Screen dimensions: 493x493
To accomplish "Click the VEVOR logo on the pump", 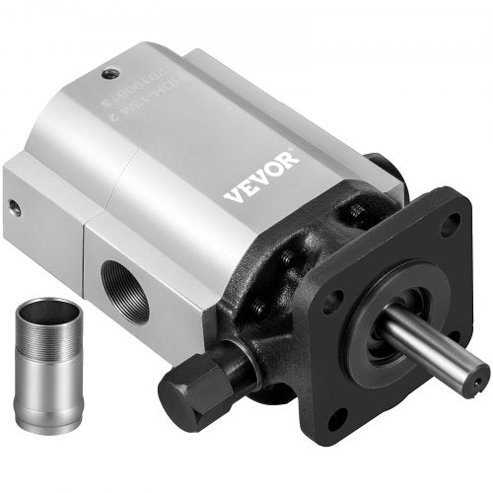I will (x=260, y=176).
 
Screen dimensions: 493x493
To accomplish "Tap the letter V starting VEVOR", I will (x=231, y=195).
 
